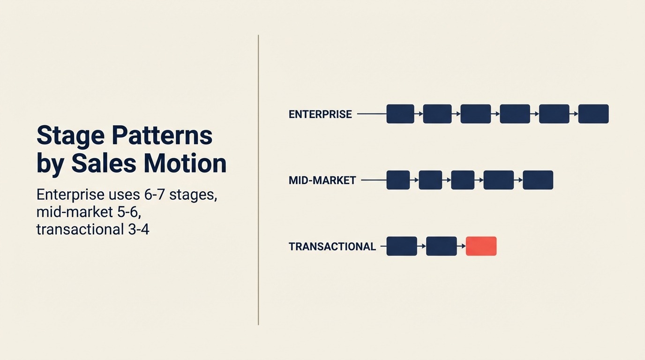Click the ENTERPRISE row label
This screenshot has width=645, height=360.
[x=320, y=114]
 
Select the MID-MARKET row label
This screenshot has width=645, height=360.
[x=322, y=180]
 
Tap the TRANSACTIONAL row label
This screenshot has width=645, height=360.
[x=332, y=247]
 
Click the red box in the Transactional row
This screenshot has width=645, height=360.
[x=481, y=246]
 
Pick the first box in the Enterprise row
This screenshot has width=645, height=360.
[x=400, y=114]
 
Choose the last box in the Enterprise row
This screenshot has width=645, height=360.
[x=593, y=114]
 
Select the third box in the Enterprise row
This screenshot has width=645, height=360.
[x=475, y=114]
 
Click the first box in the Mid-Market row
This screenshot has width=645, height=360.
[x=398, y=180]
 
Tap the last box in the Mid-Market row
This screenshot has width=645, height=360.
[x=538, y=180]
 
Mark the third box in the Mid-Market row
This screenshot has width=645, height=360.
[x=463, y=180]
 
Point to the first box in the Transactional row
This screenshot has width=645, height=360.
[x=402, y=246]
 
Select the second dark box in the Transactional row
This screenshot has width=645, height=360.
[x=441, y=246]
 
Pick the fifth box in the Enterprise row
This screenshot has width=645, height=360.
[x=554, y=114]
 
